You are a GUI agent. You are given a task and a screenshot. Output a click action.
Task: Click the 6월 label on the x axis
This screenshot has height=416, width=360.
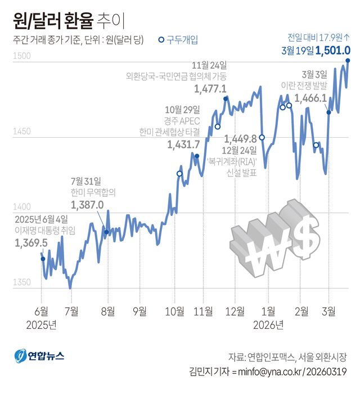pyautogui.click(x=42, y=311)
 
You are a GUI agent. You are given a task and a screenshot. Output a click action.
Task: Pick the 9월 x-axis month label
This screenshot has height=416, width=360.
pyautogui.click(x=140, y=311)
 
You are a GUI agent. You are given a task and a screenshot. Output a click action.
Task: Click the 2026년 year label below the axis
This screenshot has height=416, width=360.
pyautogui.click(x=268, y=324)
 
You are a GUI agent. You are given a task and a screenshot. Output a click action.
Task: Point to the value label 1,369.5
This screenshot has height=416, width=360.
pyautogui.click(x=31, y=242)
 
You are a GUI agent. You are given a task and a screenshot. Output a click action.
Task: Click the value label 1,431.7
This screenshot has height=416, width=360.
pyautogui.click(x=183, y=144)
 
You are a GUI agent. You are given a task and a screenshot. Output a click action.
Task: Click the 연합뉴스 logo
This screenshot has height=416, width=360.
pyautogui.click(x=40, y=355)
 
